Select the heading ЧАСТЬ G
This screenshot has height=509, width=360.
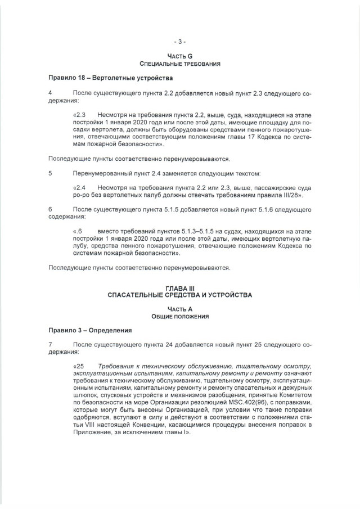[179, 56]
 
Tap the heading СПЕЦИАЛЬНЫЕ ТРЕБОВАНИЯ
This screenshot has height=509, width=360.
[179, 64]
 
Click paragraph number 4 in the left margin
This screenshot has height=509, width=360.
[51, 92]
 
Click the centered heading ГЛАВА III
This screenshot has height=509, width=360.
[179, 288]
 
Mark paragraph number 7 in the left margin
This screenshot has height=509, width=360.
[51, 344]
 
